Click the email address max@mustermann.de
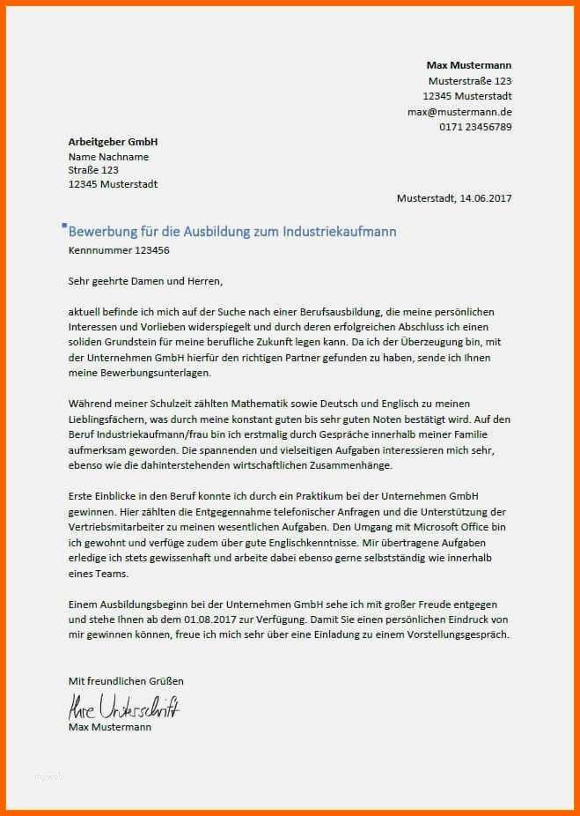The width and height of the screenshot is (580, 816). click(x=459, y=112)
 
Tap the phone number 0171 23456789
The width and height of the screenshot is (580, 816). click(x=475, y=127)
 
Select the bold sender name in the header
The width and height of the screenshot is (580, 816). click(x=468, y=65)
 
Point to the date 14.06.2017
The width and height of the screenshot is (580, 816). click(x=485, y=198)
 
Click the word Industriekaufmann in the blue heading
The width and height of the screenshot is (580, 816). click(x=340, y=231)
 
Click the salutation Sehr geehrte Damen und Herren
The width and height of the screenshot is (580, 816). click(x=145, y=281)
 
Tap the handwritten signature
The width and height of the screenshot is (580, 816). click(x=123, y=706)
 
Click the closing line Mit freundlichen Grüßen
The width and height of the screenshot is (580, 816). click(x=126, y=681)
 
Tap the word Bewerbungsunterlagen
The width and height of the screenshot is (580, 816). click(x=139, y=373)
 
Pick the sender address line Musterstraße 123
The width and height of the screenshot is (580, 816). click(x=469, y=80)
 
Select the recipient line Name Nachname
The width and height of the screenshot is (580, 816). click(x=108, y=157)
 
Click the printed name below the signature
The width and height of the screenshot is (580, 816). click(x=109, y=727)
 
